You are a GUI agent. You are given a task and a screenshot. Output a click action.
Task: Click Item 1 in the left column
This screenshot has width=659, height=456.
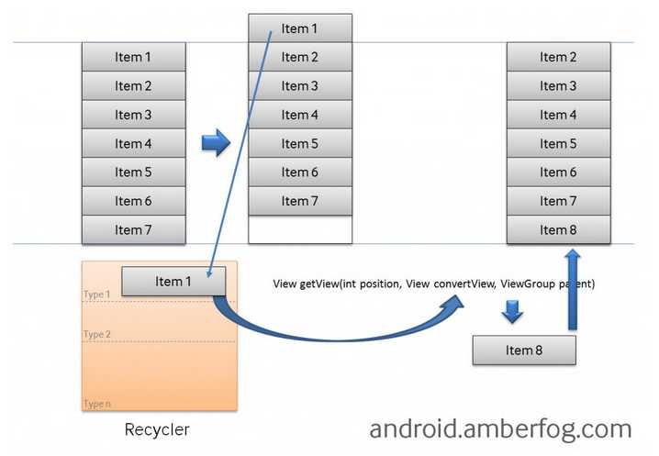tap(133, 57)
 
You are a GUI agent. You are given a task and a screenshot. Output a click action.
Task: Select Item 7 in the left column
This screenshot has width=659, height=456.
tap(133, 229)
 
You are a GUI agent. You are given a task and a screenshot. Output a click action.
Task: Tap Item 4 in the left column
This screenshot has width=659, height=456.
tap(133, 143)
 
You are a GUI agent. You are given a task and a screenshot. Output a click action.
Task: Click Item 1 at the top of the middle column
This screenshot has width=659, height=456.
tap(299, 28)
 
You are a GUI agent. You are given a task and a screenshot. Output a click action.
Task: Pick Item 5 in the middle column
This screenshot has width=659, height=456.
tap(299, 143)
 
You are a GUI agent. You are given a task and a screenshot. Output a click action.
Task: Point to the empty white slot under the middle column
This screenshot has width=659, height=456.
tap(299, 229)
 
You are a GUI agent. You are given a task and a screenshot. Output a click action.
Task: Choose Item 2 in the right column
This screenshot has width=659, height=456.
tap(558, 57)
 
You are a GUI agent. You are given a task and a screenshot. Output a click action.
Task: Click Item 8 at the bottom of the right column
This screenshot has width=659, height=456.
tap(558, 229)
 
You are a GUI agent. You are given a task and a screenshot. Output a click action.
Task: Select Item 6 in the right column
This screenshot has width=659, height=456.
tap(558, 172)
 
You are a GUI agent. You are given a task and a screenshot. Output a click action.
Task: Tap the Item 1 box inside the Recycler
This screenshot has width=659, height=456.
tap(173, 282)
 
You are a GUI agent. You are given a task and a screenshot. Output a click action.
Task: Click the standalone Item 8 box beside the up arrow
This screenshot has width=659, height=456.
tap(524, 350)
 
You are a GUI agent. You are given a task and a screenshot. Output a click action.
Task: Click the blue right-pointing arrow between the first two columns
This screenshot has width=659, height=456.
tap(216, 143)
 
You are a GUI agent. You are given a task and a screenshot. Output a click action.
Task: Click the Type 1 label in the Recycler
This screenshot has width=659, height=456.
tap(96, 295)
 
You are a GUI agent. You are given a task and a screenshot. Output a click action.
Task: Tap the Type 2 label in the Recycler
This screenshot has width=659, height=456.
tap(96, 335)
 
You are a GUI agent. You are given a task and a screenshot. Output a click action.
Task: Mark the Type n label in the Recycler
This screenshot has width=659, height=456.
tap(96, 404)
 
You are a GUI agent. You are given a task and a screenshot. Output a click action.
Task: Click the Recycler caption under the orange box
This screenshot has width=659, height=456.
tap(157, 429)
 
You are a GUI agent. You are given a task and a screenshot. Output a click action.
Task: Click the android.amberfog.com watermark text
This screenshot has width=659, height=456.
tap(500, 428)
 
